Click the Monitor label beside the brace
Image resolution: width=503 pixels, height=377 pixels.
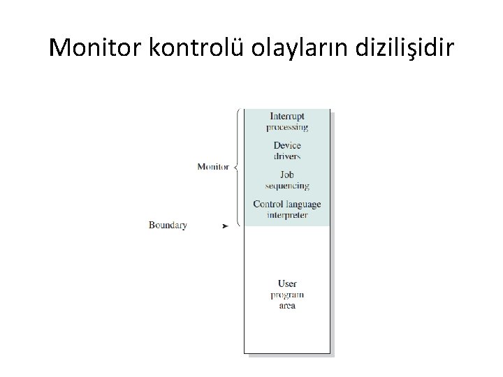[x=213, y=167]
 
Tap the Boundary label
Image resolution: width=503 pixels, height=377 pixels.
[x=168, y=226]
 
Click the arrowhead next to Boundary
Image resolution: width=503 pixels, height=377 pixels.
[x=225, y=226]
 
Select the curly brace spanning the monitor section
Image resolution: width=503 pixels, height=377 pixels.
[x=238, y=167]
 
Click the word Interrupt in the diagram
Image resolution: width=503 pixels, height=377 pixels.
[x=287, y=117]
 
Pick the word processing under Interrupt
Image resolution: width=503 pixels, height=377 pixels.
[x=287, y=127]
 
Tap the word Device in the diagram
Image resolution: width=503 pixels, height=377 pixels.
[x=287, y=145]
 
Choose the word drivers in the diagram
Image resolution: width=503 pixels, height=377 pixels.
[x=287, y=156]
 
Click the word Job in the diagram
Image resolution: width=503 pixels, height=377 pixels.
[x=287, y=175]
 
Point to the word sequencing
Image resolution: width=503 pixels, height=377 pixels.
[x=287, y=186]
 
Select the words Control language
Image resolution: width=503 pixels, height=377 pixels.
[x=287, y=205]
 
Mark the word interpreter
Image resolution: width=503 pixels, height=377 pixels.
[x=287, y=215]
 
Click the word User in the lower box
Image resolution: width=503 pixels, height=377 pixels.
[x=287, y=283]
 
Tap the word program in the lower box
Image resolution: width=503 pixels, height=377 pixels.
[x=287, y=295]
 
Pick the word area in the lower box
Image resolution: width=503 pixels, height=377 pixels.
[x=287, y=306]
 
